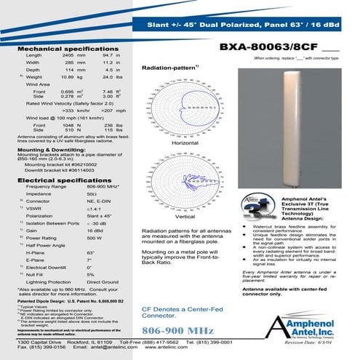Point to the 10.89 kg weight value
[68, 76]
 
